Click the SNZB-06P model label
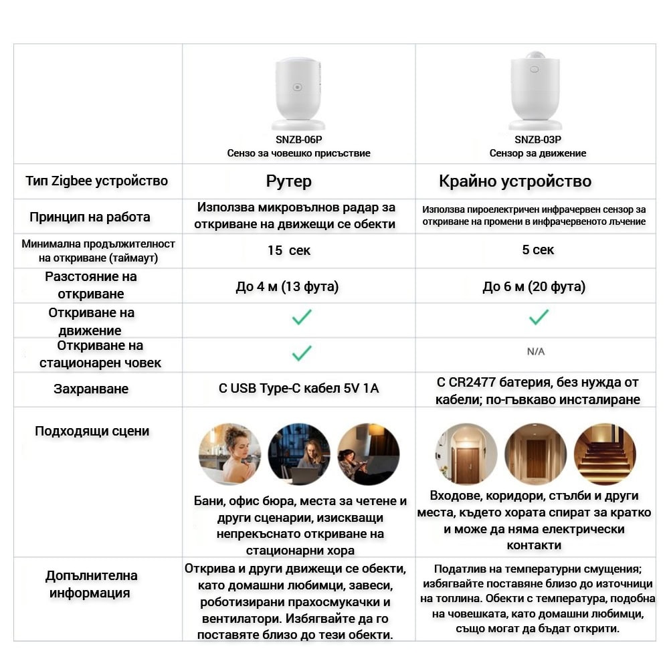298,140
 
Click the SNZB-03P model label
537,140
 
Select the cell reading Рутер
289,181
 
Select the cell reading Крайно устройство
515,181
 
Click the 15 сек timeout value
289,251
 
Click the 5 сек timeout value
538,250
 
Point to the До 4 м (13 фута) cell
287,287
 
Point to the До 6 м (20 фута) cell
534,287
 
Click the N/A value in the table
536,351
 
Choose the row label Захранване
91,389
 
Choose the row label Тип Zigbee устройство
97,181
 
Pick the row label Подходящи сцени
92,432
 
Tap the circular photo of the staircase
605,454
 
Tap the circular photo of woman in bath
229,454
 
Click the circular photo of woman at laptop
299,454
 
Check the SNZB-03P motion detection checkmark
539,317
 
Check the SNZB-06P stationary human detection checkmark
302,353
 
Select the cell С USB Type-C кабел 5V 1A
298,388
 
